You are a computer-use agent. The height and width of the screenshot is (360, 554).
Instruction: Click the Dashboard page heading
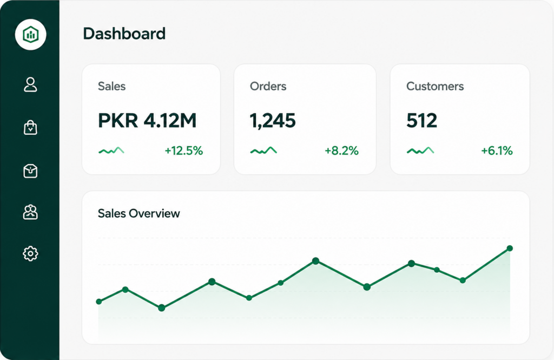pyautogui.click(x=124, y=34)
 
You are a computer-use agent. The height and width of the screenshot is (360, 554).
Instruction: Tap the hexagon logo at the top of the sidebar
pyautogui.click(x=30, y=35)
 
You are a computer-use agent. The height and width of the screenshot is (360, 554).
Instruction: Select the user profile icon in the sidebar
pyautogui.click(x=30, y=84)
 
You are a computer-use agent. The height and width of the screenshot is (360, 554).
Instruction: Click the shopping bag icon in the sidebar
pyautogui.click(x=30, y=128)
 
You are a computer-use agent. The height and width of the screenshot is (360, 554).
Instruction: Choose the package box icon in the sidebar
pyautogui.click(x=30, y=171)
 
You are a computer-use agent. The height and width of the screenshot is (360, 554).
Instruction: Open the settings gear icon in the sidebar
pyautogui.click(x=30, y=253)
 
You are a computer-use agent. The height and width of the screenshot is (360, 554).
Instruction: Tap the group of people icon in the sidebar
pyautogui.click(x=30, y=212)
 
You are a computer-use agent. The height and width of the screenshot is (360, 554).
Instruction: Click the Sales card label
pyautogui.click(x=111, y=86)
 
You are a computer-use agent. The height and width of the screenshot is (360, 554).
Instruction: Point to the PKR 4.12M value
pyautogui.click(x=147, y=121)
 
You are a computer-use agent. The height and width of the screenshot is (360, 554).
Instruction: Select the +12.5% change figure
pyautogui.click(x=184, y=151)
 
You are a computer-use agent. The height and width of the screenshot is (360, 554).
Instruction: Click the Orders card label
pyautogui.click(x=268, y=86)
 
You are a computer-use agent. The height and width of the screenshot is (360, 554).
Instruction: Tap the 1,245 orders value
pyautogui.click(x=273, y=121)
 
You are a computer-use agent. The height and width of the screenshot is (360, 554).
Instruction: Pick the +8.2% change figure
pyautogui.click(x=342, y=151)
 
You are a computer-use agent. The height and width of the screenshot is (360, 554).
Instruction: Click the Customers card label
pyautogui.click(x=435, y=86)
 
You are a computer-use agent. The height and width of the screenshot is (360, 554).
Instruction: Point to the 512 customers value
pyautogui.click(x=421, y=121)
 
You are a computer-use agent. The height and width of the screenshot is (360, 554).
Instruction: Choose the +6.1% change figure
pyautogui.click(x=497, y=151)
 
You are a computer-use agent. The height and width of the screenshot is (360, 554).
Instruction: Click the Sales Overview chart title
pyautogui.click(x=139, y=214)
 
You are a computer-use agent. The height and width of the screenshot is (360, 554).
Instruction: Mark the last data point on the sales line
pyautogui.click(x=510, y=248)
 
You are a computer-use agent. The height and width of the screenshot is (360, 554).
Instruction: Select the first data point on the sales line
pyautogui.click(x=99, y=302)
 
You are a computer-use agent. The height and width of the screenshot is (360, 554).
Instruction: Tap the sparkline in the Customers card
pyautogui.click(x=420, y=150)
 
